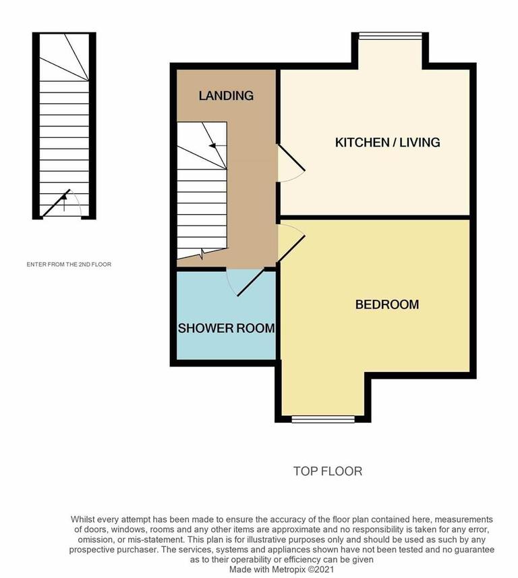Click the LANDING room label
(226, 96)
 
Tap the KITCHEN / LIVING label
(387, 142)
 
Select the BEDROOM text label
(387, 305)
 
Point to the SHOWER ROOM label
(226, 329)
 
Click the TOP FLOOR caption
(328, 471)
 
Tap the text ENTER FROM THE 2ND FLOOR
(69, 265)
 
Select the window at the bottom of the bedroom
(323, 419)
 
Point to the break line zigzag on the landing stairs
(204, 253)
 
